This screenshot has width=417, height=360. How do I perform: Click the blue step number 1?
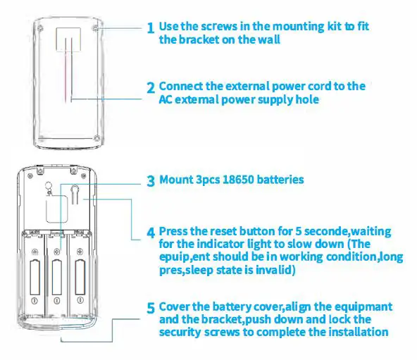coord(151,28)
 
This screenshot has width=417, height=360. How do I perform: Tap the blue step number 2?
coord(151,89)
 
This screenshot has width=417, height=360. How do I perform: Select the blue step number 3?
coord(151,181)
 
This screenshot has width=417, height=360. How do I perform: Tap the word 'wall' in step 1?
coord(268,39)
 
